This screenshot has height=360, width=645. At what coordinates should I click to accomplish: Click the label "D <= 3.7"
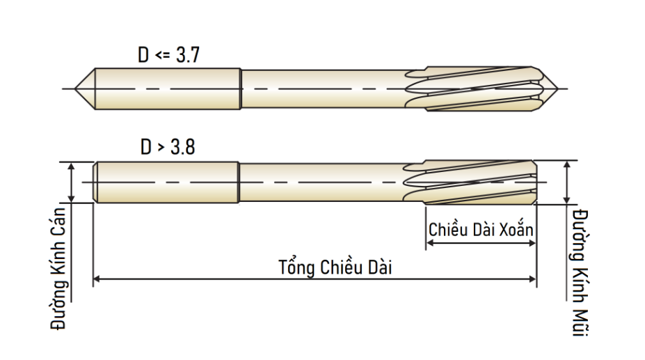pyautogui.click(x=168, y=55)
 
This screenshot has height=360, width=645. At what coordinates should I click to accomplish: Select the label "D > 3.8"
pyautogui.click(x=168, y=147)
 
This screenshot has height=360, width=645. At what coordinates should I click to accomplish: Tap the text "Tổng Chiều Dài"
pyautogui.click(x=335, y=267)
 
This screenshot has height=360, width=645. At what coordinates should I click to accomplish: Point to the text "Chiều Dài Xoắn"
pyautogui.click(x=481, y=229)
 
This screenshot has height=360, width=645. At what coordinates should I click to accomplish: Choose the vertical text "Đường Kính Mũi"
pyautogui.click(x=580, y=273)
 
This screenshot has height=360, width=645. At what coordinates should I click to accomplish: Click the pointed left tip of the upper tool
pyautogui.click(x=75, y=88)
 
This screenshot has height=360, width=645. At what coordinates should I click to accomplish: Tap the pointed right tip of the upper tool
pyautogui.click(x=558, y=88)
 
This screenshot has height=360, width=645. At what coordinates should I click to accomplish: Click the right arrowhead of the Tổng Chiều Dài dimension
pyautogui.click(x=533, y=279)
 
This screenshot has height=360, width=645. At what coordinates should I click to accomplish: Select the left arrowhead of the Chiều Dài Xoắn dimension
pyautogui.click(x=429, y=243)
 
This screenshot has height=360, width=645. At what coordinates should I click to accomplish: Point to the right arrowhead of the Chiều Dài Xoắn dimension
pyautogui.click(x=532, y=243)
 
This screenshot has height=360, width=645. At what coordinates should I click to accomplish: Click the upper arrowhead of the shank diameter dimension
pyautogui.click(x=72, y=166)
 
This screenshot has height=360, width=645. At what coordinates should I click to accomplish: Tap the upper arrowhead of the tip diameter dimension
pyautogui.click(x=567, y=165)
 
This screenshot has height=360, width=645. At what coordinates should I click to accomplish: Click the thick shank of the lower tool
pyautogui.click(x=167, y=182)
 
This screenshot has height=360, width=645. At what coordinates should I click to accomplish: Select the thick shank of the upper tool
pyautogui.click(x=168, y=88)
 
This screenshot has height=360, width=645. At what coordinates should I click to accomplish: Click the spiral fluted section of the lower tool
pyautogui.click(x=470, y=182)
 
